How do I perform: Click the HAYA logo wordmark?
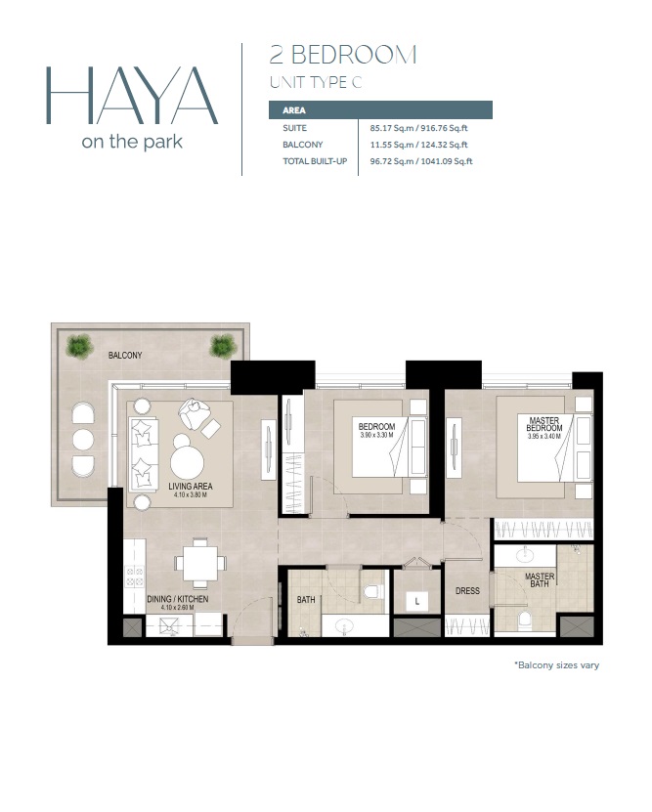(131, 95)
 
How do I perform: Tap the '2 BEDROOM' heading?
(342, 55)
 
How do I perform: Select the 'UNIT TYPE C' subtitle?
(315, 82)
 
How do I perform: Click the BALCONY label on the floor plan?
(125, 356)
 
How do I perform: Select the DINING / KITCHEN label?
(178, 599)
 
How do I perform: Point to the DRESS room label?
(466, 591)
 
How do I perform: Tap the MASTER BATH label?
(540, 581)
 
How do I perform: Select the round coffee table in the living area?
(188, 459)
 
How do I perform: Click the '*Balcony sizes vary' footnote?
(556, 665)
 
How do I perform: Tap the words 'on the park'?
(132, 141)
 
